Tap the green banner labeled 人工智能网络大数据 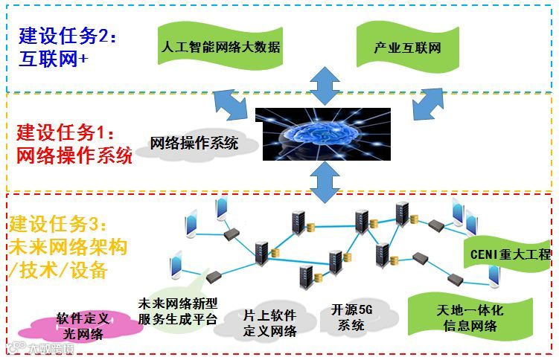[x=220, y=48]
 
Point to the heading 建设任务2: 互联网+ [x=68, y=46]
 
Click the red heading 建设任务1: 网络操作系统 [x=74, y=144]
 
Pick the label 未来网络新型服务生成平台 [x=177, y=312]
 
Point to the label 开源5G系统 [x=351, y=317]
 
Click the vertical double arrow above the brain [x=324, y=85]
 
